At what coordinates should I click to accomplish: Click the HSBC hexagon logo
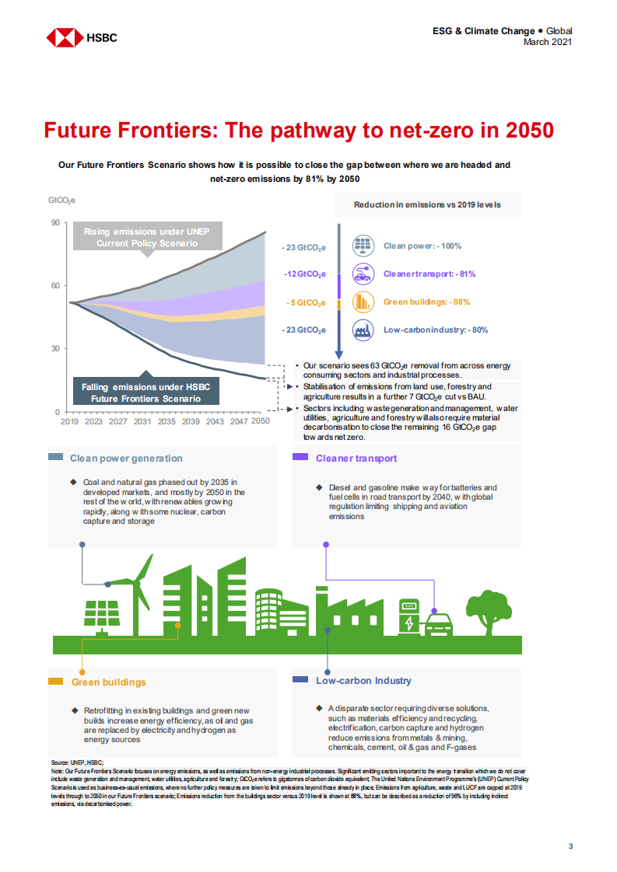65,37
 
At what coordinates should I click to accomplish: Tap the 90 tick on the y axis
55,223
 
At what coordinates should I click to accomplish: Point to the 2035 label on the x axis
166,420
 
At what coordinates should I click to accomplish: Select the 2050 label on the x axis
260,420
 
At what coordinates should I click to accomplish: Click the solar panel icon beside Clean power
362,246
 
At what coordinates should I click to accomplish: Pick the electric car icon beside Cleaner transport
362,274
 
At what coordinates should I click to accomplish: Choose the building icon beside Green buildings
362,302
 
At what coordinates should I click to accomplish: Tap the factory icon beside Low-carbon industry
362,330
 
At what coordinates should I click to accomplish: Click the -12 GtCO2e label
304,274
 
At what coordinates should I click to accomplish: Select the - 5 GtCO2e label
305,302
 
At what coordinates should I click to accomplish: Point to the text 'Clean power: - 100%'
422,246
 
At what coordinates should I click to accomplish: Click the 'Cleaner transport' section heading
356,459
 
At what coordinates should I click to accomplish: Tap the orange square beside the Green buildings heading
55,682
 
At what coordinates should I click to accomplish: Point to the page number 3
570,846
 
